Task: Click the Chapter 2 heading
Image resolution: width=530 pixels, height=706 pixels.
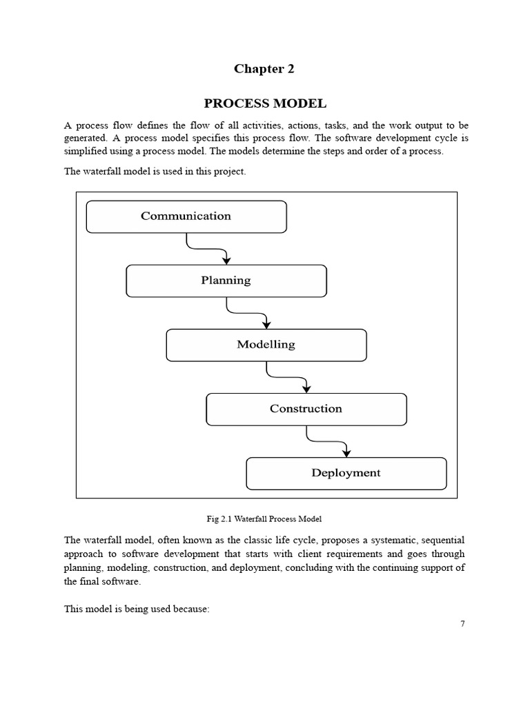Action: pos(264,68)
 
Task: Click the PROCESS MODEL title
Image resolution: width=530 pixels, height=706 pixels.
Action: pos(264,104)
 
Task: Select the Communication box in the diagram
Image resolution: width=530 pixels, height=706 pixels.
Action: pos(186,216)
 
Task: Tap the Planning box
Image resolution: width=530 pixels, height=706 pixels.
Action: pos(226,281)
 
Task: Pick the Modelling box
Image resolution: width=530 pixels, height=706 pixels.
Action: pos(266,345)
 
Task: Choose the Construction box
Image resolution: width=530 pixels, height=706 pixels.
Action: pos(306,409)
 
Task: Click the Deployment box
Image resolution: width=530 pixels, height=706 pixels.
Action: pos(346,473)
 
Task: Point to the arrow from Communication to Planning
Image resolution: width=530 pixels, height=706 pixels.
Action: pos(207,249)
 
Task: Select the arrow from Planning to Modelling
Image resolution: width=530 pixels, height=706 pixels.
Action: pos(247,313)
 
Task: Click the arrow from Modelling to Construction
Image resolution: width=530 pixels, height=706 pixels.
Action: pos(287,377)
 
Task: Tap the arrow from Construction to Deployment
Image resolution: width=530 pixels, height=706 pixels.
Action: pos(327,441)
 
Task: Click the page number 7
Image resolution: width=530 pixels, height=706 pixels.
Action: pos(462,624)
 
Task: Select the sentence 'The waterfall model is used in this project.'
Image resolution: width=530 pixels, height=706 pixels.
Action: pos(155,172)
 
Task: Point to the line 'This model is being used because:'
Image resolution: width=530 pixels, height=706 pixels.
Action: pos(136,609)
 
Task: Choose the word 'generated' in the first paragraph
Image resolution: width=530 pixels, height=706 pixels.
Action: pos(86,138)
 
